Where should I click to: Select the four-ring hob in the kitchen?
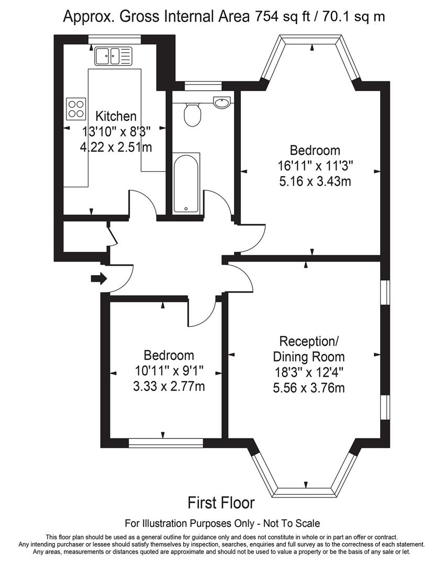pyautogui.click(x=75, y=108)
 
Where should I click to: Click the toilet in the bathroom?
pyautogui.click(x=193, y=114)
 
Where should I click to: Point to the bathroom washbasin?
pyautogui.click(x=222, y=102)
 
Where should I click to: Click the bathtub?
pyautogui.click(x=186, y=183)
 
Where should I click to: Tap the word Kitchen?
pyautogui.click(x=109, y=116)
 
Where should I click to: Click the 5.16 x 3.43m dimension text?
pyautogui.click(x=315, y=182)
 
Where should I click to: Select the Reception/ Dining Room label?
pyautogui.click(x=309, y=349)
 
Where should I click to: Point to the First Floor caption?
pyautogui.click(x=221, y=503)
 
